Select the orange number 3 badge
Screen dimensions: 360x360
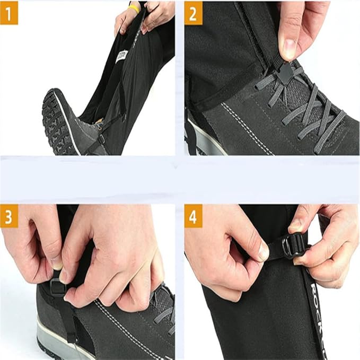(x=8, y=218)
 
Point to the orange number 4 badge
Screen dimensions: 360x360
(x=193, y=218)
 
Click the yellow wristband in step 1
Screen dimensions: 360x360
(x=135, y=7)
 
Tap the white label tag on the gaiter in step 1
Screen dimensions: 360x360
(x=122, y=57)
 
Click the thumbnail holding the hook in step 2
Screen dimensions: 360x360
(x=289, y=49)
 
